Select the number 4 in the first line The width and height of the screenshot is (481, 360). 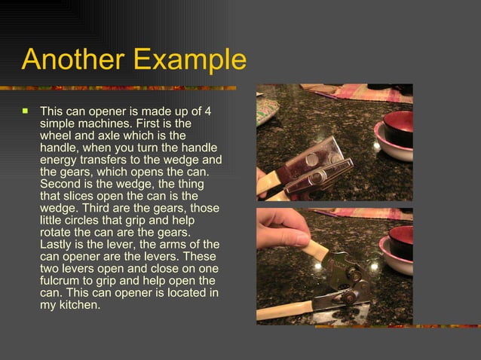[x=208, y=111]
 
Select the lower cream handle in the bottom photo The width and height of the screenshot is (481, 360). [x=286, y=310]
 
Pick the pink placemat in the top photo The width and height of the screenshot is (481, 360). [x=369, y=93]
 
